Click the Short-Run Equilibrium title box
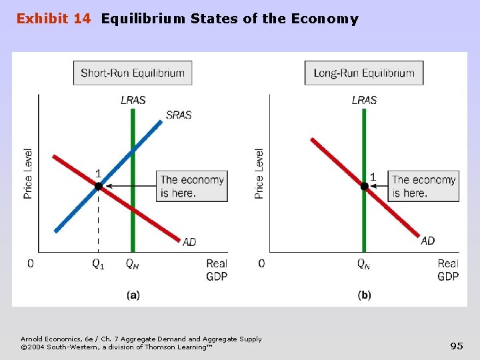(x=133, y=73)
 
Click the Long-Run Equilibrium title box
(x=364, y=73)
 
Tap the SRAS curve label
(x=179, y=115)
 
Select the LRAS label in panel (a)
(x=133, y=100)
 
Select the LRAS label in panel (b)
(x=364, y=100)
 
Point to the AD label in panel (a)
(x=189, y=242)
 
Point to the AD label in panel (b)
(x=428, y=241)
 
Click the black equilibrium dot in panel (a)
(x=99, y=187)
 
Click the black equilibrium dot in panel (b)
(x=364, y=187)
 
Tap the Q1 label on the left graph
(x=98, y=264)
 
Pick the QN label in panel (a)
(x=133, y=264)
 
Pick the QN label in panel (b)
(x=364, y=264)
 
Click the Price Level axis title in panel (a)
(x=28, y=173)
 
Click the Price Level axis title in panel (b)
(x=259, y=173)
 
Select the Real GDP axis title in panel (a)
(x=217, y=270)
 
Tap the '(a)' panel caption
(x=133, y=295)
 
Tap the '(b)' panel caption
(x=364, y=295)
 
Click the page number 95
(x=457, y=345)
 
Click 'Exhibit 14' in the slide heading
(x=53, y=19)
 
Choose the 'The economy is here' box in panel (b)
(x=424, y=186)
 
